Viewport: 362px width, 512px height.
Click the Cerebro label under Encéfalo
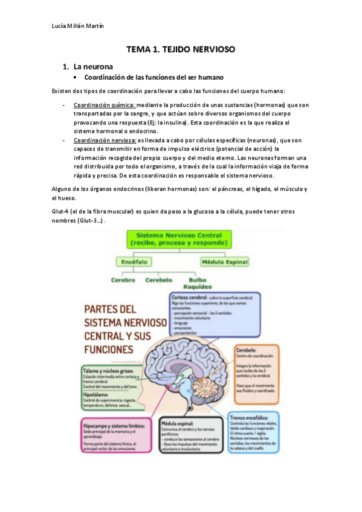coord(123,280)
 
